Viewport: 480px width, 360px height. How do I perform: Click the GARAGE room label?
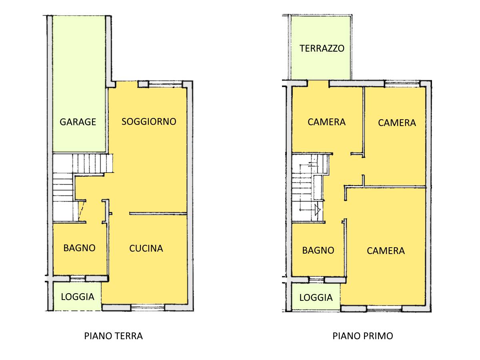pyautogui.click(x=78, y=122)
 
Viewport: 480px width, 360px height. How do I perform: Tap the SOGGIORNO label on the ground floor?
pyautogui.click(x=149, y=122)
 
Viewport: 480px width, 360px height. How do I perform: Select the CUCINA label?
pyautogui.click(x=146, y=248)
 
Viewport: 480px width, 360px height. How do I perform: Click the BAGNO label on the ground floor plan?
pyautogui.click(x=79, y=248)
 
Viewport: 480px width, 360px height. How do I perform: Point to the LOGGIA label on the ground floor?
pyautogui.click(x=78, y=297)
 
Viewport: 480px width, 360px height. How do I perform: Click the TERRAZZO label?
pyautogui.click(x=322, y=48)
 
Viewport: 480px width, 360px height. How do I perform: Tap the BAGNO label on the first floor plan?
pyautogui.click(x=318, y=250)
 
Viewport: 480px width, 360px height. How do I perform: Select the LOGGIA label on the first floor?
pyautogui.click(x=316, y=298)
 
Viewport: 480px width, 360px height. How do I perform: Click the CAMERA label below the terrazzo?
pyautogui.click(x=326, y=122)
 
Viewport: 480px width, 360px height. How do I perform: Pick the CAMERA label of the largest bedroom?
pyautogui.click(x=386, y=251)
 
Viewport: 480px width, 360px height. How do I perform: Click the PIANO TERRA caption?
pyautogui.click(x=114, y=336)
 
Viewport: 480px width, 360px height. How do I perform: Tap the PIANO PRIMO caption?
pyautogui.click(x=363, y=336)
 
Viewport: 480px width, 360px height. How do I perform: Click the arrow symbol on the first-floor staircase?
pyautogui.click(x=318, y=210)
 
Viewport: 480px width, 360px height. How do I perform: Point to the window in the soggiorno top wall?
pyautogui.click(x=165, y=84)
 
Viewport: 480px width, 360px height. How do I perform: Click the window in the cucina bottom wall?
pyautogui.click(x=148, y=308)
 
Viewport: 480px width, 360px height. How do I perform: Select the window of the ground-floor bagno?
pyautogui.click(x=78, y=278)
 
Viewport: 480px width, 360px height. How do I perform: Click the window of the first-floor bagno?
pyautogui.click(x=316, y=280)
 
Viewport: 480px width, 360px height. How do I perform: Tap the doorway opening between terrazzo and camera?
pyautogui.click(x=318, y=84)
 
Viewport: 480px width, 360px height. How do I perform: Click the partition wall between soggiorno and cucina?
pyautogui.click(x=158, y=213)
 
